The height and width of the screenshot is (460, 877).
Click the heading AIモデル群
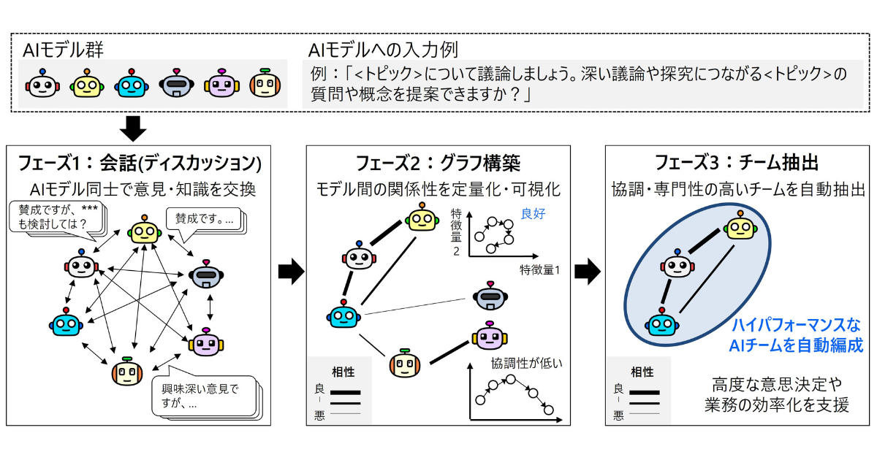tap(64, 50)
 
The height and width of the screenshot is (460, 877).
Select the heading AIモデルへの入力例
tap(383, 50)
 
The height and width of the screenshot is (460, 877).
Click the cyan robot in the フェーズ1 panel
tap(67, 323)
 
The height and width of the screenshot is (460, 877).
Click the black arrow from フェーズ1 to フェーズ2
tap(291, 272)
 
